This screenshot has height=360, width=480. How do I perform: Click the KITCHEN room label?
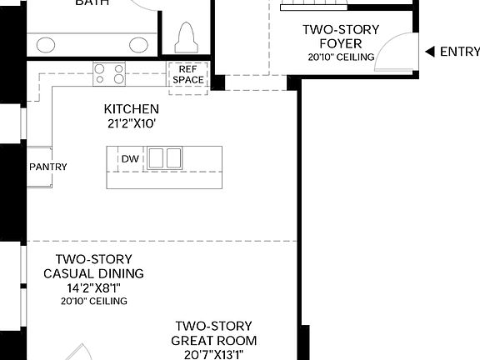[x=131, y=109]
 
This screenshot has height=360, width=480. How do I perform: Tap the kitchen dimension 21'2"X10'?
[x=131, y=123]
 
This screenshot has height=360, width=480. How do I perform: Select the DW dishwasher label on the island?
[x=129, y=158]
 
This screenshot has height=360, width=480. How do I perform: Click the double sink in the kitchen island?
[x=164, y=158]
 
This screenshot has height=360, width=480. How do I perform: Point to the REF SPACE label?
[x=187, y=75]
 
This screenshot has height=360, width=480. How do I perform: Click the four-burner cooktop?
[x=110, y=75]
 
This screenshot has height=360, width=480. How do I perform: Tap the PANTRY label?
[x=48, y=167]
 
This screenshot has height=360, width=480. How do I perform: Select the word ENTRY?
[x=459, y=52]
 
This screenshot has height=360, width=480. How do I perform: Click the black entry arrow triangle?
[x=430, y=52]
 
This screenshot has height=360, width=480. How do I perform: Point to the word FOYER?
[x=340, y=43]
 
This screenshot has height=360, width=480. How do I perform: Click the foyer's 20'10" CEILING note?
[x=340, y=57]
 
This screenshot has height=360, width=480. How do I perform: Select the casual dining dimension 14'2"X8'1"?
[x=93, y=287]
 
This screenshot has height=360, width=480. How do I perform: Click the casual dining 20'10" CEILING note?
[x=93, y=301]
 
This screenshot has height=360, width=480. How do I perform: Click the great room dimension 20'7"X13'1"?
[x=213, y=354]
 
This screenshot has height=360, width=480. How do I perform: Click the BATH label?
[x=92, y=2]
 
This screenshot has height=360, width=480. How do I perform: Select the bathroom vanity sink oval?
[x=47, y=44]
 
